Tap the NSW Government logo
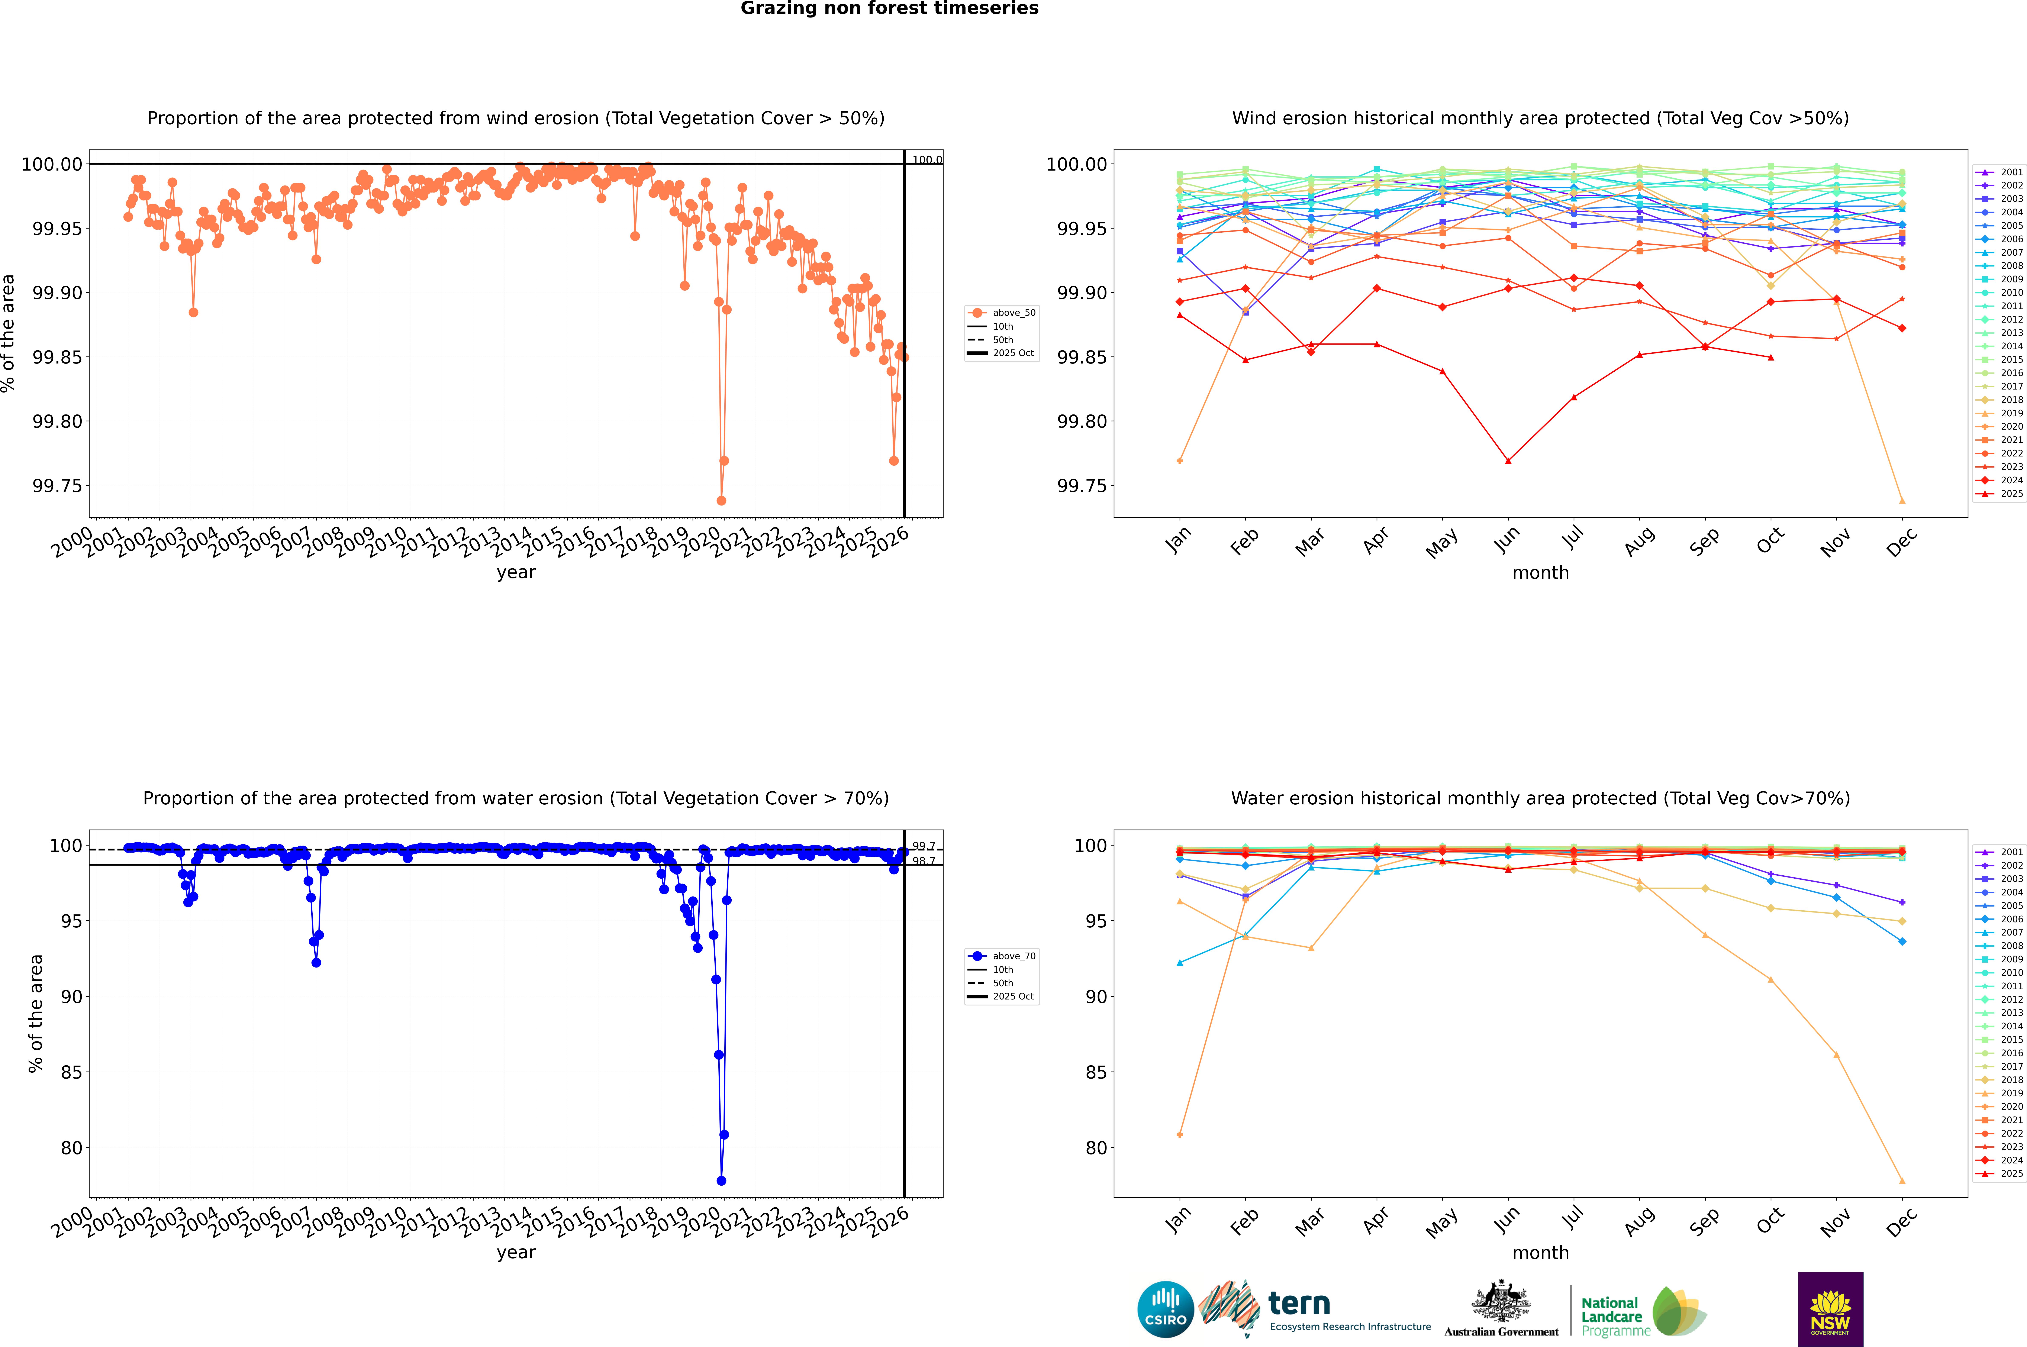1830,1309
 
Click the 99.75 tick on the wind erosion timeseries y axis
57,486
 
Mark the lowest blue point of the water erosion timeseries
721,1181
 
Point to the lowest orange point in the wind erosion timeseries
721,501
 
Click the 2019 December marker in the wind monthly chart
1902,501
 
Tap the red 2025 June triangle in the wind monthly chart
1508,461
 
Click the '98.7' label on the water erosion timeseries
924,861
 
